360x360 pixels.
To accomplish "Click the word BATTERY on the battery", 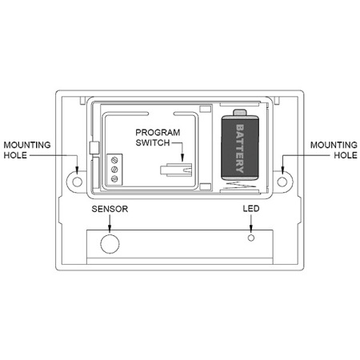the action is (240, 149).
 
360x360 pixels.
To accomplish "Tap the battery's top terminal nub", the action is (240, 113).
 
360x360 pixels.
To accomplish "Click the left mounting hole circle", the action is (78, 182).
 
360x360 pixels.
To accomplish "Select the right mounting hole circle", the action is (282, 182).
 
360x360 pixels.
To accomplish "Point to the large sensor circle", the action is (110, 244).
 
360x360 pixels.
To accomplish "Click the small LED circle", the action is (251, 238).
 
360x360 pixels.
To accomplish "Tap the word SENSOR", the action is (110, 209).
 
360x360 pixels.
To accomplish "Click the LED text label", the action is (251, 209).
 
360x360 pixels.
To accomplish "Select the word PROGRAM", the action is (158, 133).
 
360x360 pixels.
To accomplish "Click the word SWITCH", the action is (153, 143).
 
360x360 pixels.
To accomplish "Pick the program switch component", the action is (176, 170).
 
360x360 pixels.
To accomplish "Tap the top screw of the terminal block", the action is (114, 160).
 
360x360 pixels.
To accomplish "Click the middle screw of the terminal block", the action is (114, 170).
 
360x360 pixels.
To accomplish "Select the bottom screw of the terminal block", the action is (114, 178).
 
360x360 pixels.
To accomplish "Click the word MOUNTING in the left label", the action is (27, 145).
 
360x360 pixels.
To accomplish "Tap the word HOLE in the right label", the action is (346, 155).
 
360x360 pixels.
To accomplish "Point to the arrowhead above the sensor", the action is (110, 226).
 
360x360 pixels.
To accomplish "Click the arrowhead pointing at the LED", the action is (251, 228).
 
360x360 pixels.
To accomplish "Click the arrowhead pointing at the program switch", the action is (182, 158).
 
